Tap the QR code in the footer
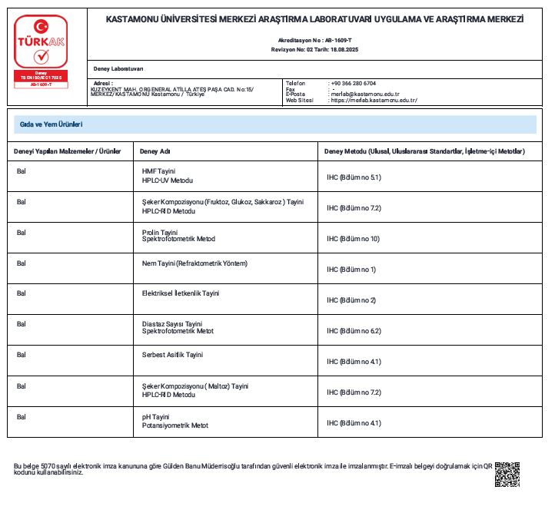coord(507,475)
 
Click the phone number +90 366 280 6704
coord(353,83)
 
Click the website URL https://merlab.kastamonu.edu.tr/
coord(373,100)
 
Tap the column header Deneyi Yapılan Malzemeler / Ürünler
coord(68,151)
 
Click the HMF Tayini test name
coord(159,170)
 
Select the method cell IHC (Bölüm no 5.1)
coord(354,177)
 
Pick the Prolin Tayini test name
coord(160,232)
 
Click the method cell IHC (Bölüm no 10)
coord(353,239)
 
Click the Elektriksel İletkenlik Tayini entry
coord(181,293)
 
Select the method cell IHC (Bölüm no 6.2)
coord(354,331)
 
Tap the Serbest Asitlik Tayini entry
coord(172,355)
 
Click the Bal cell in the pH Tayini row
coord(22,416)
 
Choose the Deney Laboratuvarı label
coord(118,69)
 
